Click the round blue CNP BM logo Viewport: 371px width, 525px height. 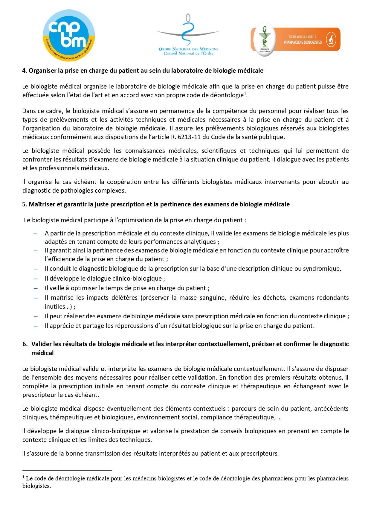pyautogui.click(x=69, y=36)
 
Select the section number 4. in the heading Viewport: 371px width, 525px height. pyautogui.click(x=25, y=71)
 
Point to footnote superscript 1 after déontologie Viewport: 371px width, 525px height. pyautogui.click(x=245, y=94)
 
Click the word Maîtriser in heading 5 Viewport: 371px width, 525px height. pyautogui.click(x=42, y=204)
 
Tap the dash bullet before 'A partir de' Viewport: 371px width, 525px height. pyautogui.click(x=36, y=233)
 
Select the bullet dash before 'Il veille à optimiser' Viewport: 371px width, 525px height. pyautogui.click(x=36, y=288)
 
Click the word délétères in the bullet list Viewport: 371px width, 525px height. pyautogui.click(x=124, y=298)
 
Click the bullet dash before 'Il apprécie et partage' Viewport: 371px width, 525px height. pyautogui.click(x=36, y=326)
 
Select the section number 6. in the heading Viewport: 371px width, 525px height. pyautogui.click(x=25, y=344)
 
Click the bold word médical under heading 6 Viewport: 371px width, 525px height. pyautogui.click(x=42, y=353)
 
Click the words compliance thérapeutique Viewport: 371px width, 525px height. pyautogui.click(x=236, y=417)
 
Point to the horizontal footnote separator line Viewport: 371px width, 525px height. pyautogui.click(x=67, y=470)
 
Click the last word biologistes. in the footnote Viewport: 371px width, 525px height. pyautogui.click(x=36, y=486)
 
